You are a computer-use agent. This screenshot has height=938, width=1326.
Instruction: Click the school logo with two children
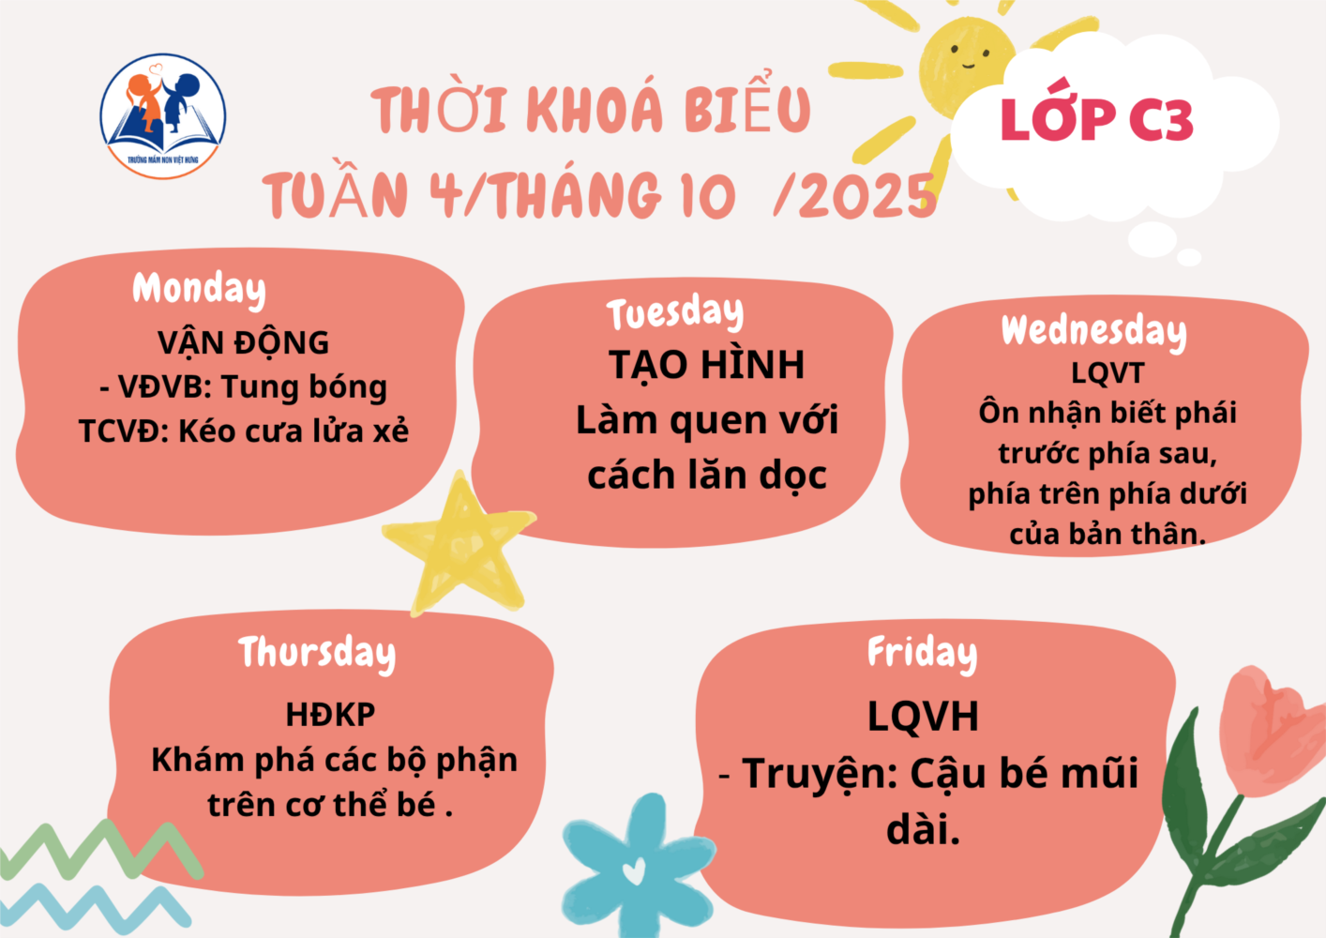click(x=163, y=116)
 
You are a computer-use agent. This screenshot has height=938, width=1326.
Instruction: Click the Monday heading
click(x=199, y=290)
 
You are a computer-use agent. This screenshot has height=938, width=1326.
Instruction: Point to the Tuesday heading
click(x=675, y=312)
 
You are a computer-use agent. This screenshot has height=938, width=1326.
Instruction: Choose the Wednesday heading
click(x=1094, y=332)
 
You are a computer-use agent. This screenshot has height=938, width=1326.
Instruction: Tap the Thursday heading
click(x=317, y=654)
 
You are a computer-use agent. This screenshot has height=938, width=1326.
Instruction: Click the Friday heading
click(x=922, y=654)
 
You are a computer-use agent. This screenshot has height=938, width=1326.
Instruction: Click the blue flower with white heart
click(x=638, y=865)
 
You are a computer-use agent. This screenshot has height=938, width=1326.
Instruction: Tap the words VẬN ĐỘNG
click(x=243, y=343)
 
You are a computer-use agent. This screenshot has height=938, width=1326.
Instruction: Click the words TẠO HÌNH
click(x=707, y=365)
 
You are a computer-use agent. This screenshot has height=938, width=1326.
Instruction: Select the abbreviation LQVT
click(x=1108, y=373)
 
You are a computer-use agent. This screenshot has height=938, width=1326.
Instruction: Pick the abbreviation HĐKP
click(x=330, y=715)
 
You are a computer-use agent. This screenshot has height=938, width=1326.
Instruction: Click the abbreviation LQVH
click(x=923, y=718)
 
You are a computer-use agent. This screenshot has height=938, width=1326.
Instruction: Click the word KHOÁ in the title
click(x=594, y=111)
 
